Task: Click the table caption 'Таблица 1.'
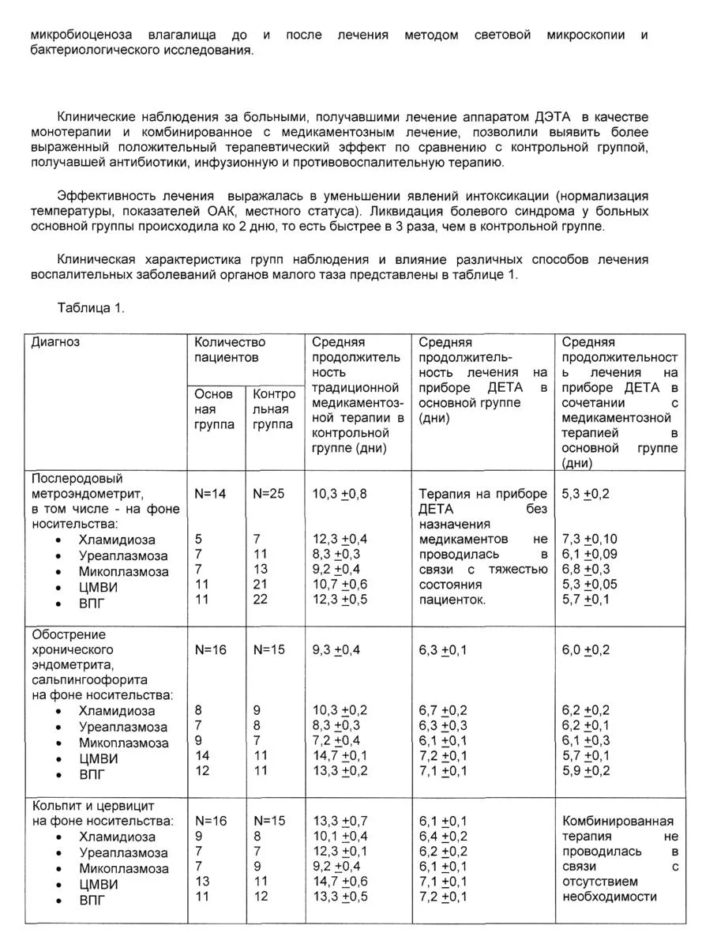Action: (x=91, y=308)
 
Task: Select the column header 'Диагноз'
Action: (x=55, y=342)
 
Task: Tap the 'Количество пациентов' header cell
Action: (x=230, y=349)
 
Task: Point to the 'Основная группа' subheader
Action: (x=214, y=409)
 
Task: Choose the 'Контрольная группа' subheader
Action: (x=274, y=409)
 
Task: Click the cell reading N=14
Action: (x=210, y=494)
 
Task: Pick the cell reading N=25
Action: (x=268, y=494)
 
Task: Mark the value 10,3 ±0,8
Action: (x=340, y=494)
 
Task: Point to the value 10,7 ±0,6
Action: (x=340, y=585)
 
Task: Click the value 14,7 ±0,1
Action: (x=340, y=756)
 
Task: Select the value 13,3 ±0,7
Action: (x=340, y=821)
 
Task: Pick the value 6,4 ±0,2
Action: (x=443, y=836)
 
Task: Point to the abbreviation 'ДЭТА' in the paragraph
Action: (x=557, y=117)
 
